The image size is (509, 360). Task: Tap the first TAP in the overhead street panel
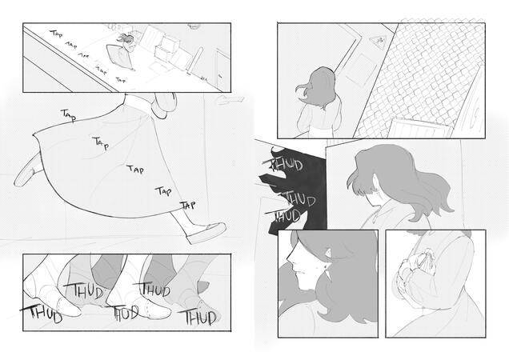[57, 35]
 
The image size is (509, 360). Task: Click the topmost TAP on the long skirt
[70, 116]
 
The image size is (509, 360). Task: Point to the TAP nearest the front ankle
[187, 206]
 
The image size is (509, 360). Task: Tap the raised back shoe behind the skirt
[26, 170]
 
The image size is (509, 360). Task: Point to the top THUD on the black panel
[287, 166]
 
